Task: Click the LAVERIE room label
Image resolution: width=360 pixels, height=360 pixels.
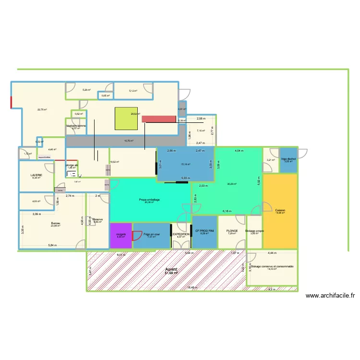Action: [x=36, y=175]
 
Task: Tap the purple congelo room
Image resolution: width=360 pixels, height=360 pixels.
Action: [x=121, y=235]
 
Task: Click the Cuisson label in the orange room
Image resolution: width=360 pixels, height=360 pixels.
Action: [x=280, y=210]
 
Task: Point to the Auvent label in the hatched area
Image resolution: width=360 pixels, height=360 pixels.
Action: [x=171, y=270]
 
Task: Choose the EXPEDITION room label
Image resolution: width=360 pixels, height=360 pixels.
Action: [x=181, y=234]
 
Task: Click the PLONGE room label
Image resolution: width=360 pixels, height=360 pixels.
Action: [x=232, y=231]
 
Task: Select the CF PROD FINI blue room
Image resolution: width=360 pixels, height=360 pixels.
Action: [x=204, y=231]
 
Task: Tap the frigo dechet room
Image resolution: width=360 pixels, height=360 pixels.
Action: [x=288, y=160]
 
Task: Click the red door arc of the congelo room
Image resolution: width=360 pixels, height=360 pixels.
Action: [x=128, y=228]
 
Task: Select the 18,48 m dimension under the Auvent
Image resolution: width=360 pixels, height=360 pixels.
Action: [x=192, y=288]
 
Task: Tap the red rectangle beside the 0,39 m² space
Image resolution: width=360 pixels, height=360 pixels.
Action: [x=159, y=119]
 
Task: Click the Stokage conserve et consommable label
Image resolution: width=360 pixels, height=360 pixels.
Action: [x=272, y=267]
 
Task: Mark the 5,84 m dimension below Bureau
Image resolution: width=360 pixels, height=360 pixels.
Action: [x=52, y=245]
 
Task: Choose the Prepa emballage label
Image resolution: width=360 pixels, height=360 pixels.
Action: [x=149, y=199]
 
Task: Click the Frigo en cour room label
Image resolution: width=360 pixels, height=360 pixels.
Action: [x=151, y=234]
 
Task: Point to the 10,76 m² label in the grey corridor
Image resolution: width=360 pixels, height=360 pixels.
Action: [x=129, y=141]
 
